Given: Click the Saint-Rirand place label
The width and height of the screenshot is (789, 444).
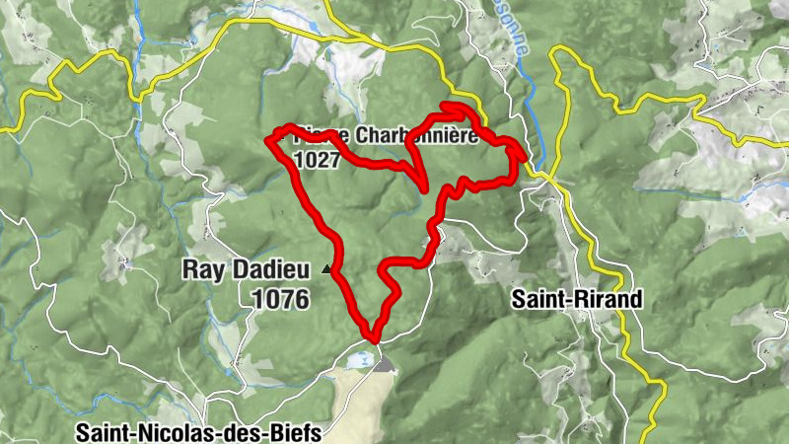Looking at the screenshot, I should coord(577,299).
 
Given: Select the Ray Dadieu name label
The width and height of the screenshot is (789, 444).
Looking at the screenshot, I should coord(246,268).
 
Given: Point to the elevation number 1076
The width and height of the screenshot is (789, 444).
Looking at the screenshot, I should coord(281,298).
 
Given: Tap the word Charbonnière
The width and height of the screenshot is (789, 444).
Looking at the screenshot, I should coord(414,136).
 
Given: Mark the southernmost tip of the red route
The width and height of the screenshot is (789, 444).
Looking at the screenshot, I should coord(373,336).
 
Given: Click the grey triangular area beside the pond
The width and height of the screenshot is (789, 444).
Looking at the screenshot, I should coord(384,365).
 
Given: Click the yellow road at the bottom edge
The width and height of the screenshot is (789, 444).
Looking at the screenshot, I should coord(648,434).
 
